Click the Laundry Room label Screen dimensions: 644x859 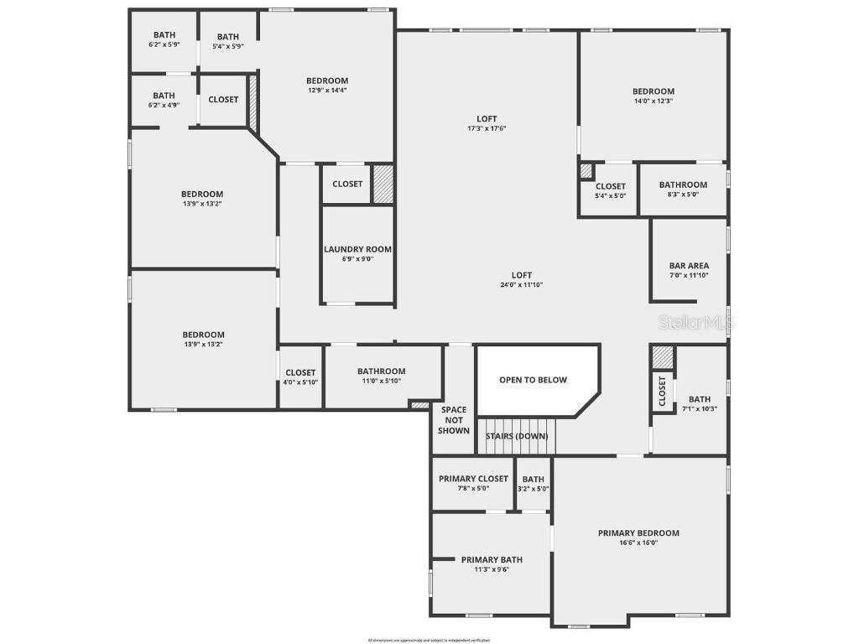358,249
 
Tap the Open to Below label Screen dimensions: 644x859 533,380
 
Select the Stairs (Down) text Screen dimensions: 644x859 517,436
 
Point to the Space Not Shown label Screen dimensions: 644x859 454,420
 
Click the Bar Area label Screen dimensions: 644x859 689,266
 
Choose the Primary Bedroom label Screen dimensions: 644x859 638,532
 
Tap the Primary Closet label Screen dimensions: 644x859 473,479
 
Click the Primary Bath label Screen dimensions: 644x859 492,559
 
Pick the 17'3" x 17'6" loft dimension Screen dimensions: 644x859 487,128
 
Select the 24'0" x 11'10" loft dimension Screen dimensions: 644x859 522,285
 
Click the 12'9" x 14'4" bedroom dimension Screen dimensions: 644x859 326,91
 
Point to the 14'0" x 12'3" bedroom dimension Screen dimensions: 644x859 653,101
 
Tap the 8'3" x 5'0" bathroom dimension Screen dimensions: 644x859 683,195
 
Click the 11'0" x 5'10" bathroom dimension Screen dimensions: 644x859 381,381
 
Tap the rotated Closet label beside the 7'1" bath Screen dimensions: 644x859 663,391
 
